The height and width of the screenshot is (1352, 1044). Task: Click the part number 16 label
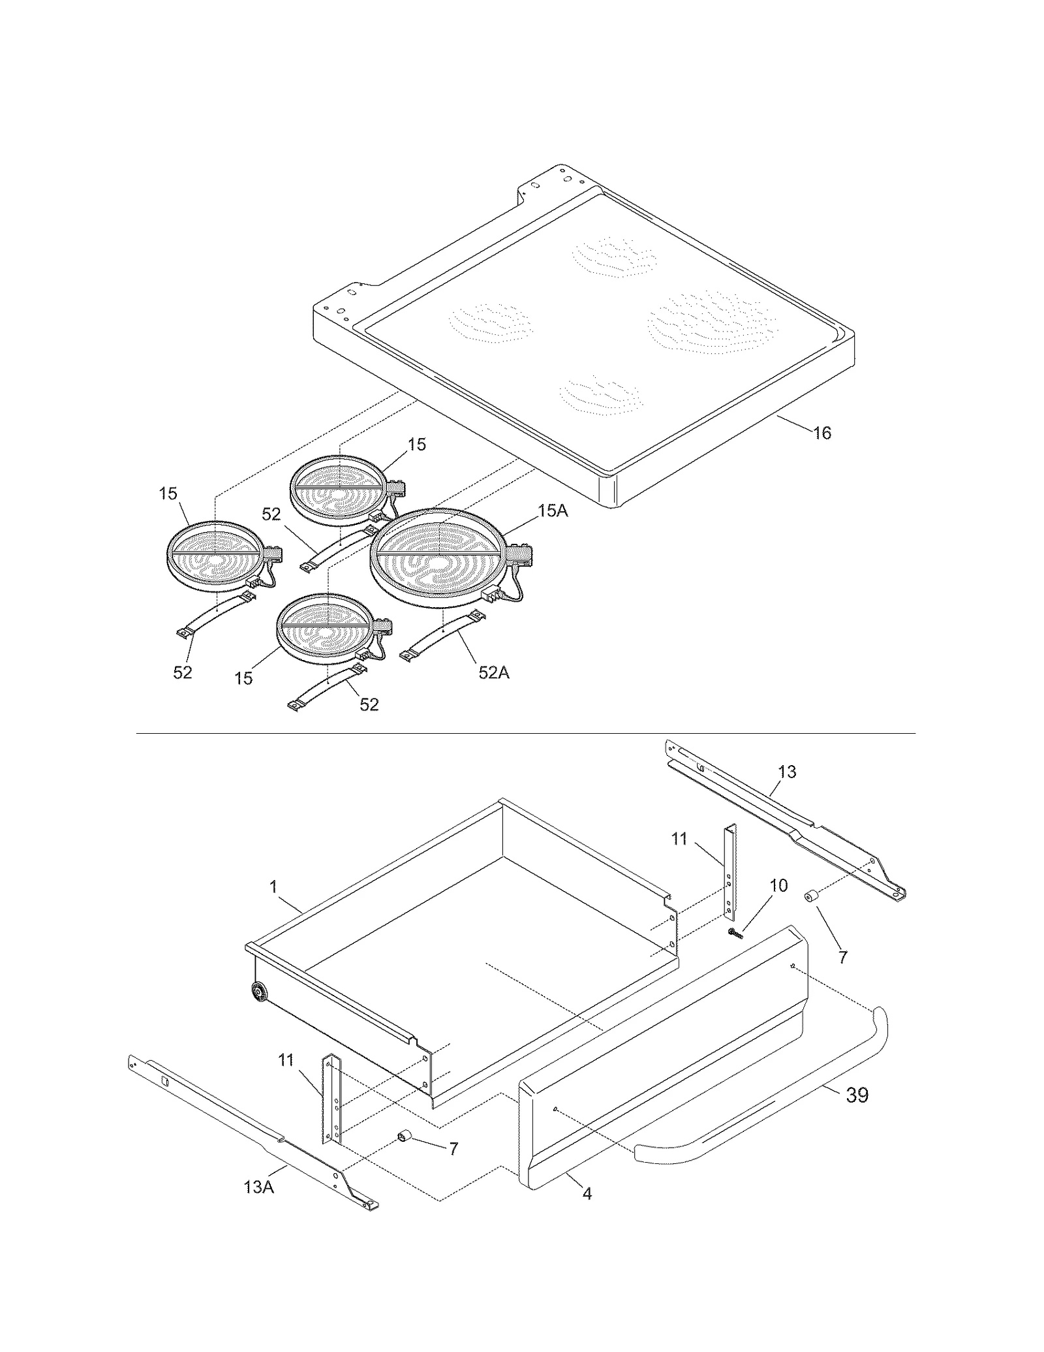tap(822, 433)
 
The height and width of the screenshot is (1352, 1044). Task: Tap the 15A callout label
tap(553, 511)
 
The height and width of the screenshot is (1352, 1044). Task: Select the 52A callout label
tap(493, 672)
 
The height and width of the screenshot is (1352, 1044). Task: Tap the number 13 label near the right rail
tap(787, 772)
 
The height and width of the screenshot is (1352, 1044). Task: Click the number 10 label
tap(778, 885)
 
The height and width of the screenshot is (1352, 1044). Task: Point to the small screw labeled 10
tap(736, 934)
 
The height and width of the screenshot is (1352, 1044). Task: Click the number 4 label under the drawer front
tap(587, 1193)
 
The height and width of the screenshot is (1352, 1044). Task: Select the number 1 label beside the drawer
tap(273, 887)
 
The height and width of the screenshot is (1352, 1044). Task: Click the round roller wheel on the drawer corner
tap(259, 994)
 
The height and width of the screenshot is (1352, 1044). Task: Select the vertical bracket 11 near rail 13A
tap(331, 1100)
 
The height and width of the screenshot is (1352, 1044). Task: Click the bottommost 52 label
tap(369, 704)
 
